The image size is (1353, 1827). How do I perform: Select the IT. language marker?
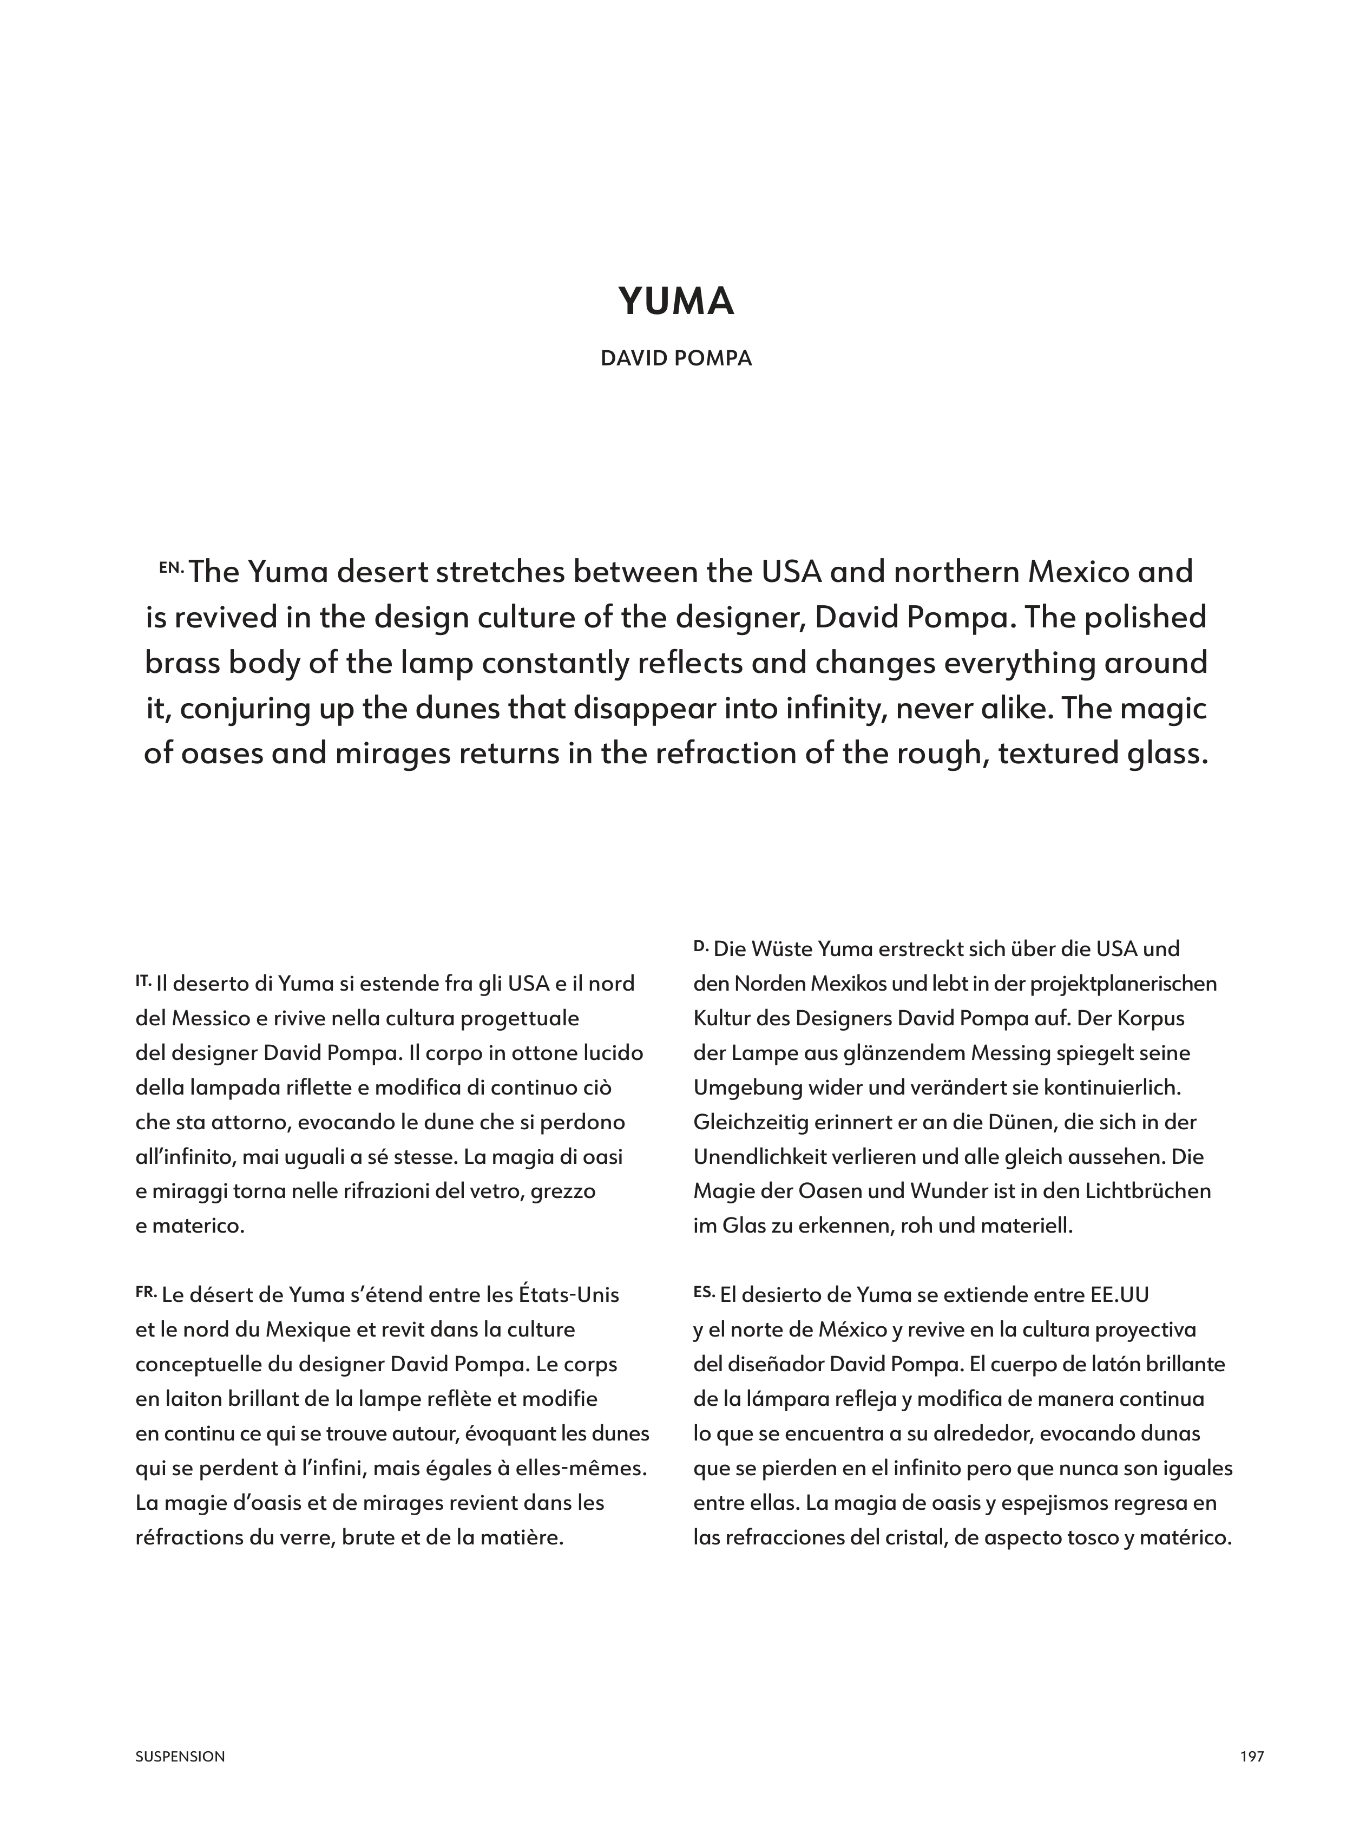pos(143,979)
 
